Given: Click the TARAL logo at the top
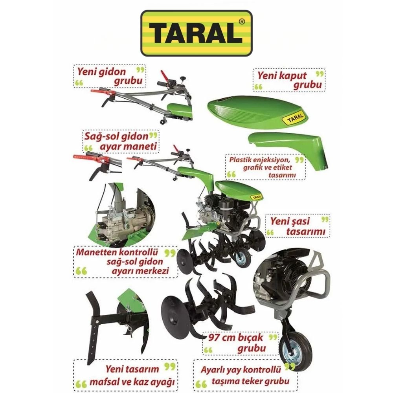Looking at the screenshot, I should tap(196, 33).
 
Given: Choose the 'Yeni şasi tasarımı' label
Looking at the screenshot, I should tap(297, 226).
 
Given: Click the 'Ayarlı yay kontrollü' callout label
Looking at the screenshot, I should tap(245, 375).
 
